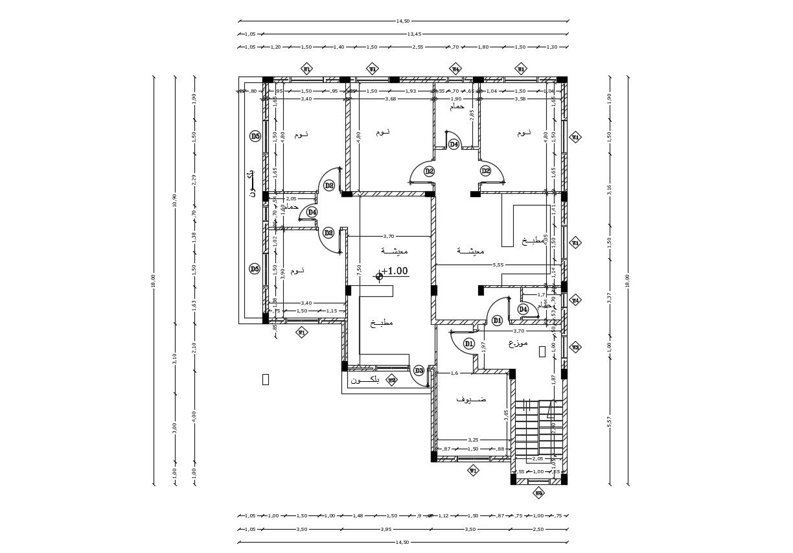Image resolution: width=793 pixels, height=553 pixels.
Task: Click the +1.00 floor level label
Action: point(395,272)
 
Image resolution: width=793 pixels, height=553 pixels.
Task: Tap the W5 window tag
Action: point(391,380)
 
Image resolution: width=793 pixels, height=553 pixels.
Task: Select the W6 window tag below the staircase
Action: point(538,493)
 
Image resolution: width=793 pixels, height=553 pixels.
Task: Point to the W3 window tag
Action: point(575,347)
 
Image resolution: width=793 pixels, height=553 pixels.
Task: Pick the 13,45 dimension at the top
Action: point(414,34)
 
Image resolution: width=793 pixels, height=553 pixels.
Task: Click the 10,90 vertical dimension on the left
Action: point(175,200)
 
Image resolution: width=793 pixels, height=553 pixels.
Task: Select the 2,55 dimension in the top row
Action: point(418,47)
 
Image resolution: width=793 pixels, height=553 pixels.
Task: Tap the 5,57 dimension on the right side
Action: point(609,421)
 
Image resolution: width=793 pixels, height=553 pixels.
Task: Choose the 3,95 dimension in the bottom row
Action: point(386,529)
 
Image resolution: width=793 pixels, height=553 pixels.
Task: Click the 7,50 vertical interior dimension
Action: point(359,269)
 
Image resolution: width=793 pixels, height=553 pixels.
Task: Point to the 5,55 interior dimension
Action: point(498,265)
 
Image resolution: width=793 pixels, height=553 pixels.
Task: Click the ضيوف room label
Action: point(472,399)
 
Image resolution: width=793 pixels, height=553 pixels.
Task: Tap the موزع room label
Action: point(518,342)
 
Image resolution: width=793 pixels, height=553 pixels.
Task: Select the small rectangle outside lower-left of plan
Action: point(265,379)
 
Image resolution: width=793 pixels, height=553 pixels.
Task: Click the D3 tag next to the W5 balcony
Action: point(419,371)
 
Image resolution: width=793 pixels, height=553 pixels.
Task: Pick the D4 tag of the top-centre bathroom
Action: point(454,144)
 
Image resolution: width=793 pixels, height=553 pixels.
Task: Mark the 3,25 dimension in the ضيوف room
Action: point(473,440)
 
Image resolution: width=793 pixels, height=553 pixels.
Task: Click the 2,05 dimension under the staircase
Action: point(537,458)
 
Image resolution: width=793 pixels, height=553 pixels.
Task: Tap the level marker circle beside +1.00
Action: point(379,276)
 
